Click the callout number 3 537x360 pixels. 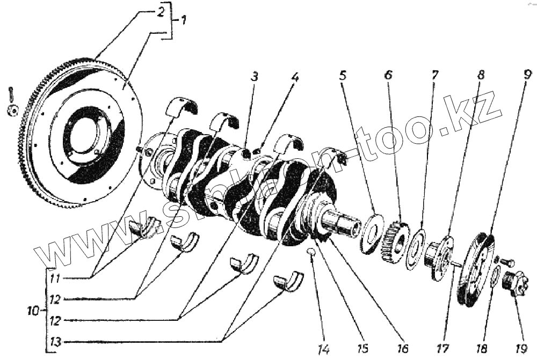(x=255, y=77)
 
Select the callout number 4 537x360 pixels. (x=294, y=77)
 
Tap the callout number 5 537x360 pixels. (x=343, y=75)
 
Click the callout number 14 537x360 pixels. (x=322, y=349)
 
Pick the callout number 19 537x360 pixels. (x=519, y=349)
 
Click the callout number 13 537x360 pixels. (x=55, y=342)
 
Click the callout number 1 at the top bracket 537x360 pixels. (x=183, y=20)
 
